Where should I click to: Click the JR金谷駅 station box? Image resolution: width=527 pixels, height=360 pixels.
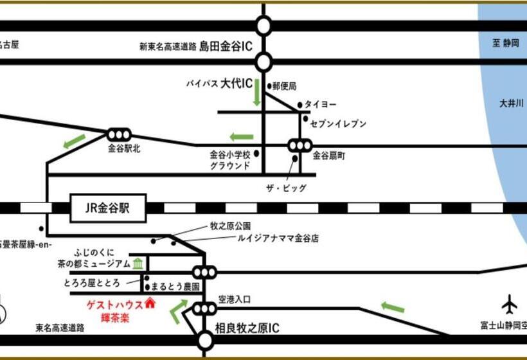click(x=108, y=208)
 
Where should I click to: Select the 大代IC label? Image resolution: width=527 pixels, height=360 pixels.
click(x=236, y=84)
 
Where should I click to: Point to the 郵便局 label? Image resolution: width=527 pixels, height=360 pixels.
click(x=285, y=85)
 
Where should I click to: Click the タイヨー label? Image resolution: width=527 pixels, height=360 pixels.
click(x=320, y=104)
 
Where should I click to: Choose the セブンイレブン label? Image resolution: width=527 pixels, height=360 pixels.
click(x=339, y=123)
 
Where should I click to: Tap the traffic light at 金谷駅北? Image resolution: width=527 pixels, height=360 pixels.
click(x=119, y=134)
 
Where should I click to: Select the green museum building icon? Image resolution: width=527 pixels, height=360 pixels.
click(x=138, y=263)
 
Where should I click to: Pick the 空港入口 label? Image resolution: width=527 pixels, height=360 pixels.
click(x=233, y=300)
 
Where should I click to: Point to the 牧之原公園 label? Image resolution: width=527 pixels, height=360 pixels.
click(x=230, y=226)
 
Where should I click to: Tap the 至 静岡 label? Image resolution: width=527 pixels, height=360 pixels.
click(x=506, y=42)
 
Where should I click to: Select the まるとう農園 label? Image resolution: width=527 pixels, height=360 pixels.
click(x=176, y=285)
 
